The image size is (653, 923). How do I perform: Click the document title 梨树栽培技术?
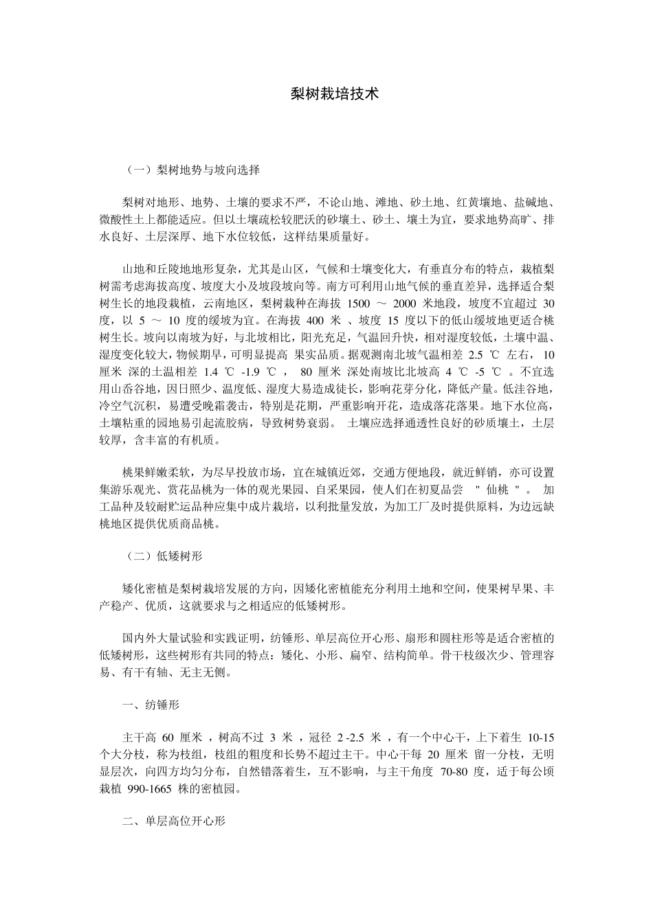point(335,94)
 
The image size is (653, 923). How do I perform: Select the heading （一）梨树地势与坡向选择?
point(190,169)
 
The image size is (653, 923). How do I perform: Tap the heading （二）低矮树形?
point(163,556)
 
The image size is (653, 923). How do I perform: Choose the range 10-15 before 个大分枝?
point(540,738)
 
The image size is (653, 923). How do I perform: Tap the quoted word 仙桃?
point(498,490)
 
